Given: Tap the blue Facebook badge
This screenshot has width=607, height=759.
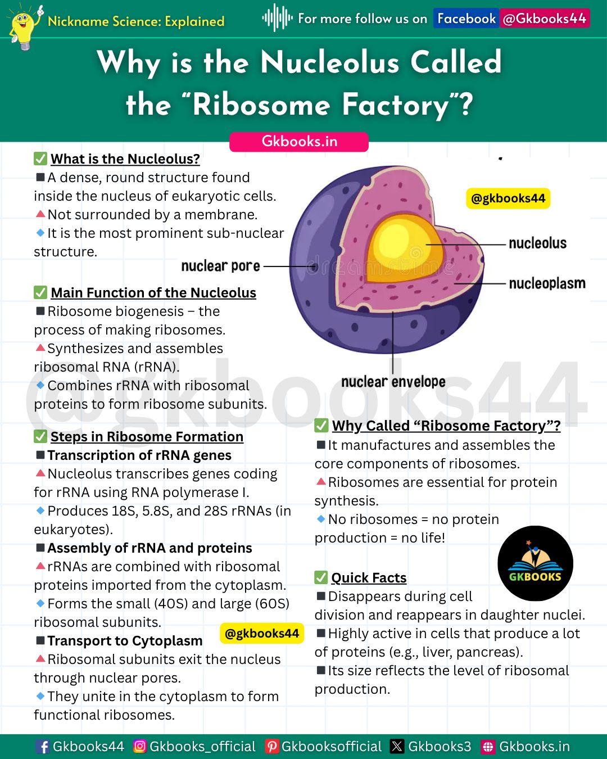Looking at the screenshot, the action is pyautogui.click(x=466, y=19).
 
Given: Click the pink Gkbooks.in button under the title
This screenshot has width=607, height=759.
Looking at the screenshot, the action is pyautogui.click(x=299, y=142).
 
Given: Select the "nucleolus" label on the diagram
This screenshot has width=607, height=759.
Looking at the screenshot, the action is pyautogui.click(x=537, y=243).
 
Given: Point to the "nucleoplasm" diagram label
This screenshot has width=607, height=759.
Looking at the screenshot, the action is pyautogui.click(x=547, y=283).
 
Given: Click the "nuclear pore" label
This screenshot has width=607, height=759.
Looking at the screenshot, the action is pyautogui.click(x=220, y=266).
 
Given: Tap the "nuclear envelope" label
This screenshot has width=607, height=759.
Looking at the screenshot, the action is pyautogui.click(x=393, y=382).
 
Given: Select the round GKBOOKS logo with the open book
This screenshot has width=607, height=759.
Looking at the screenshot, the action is pyautogui.click(x=535, y=563).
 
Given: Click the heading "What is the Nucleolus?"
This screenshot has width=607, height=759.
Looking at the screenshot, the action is pyautogui.click(x=125, y=159).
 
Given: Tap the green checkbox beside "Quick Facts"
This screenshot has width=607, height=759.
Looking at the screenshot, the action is pyautogui.click(x=321, y=577).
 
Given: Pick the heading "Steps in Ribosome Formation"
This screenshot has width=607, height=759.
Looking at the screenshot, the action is pyautogui.click(x=147, y=437).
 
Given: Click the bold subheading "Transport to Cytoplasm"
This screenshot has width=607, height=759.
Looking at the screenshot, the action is pyautogui.click(x=125, y=640).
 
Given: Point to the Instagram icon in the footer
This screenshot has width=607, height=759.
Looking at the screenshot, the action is pyautogui.click(x=140, y=746).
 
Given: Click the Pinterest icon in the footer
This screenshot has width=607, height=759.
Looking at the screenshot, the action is pyautogui.click(x=271, y=746).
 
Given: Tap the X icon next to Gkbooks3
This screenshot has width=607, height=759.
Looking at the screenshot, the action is pyautogui.click(x=397, y=746).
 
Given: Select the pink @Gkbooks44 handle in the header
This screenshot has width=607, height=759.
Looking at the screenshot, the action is pyautogui.click(x=544, y=19).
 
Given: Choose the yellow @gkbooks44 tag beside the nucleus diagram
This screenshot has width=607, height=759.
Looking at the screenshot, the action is pyautogui.click(x=508, y=198).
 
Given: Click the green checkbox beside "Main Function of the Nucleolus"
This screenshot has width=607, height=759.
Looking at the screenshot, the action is pyautogui.click(x=40, y=292).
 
